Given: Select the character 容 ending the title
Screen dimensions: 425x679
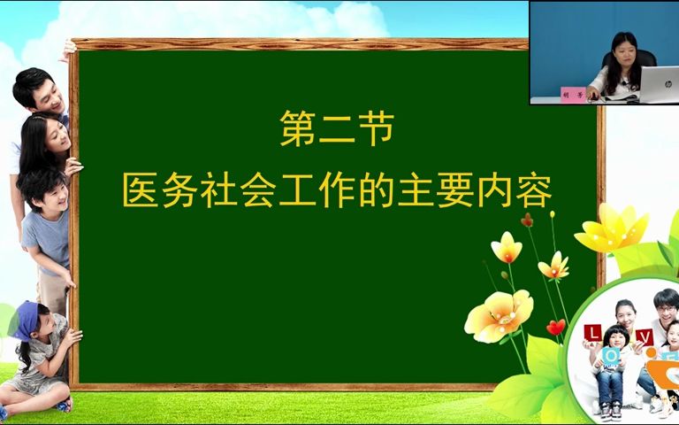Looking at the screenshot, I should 533,189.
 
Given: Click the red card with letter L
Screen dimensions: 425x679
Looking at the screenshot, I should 594,334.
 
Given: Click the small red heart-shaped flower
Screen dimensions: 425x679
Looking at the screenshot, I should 555,328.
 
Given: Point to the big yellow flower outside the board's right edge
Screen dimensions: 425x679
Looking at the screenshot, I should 612,228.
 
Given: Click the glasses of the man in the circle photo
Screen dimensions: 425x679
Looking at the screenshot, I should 665,311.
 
